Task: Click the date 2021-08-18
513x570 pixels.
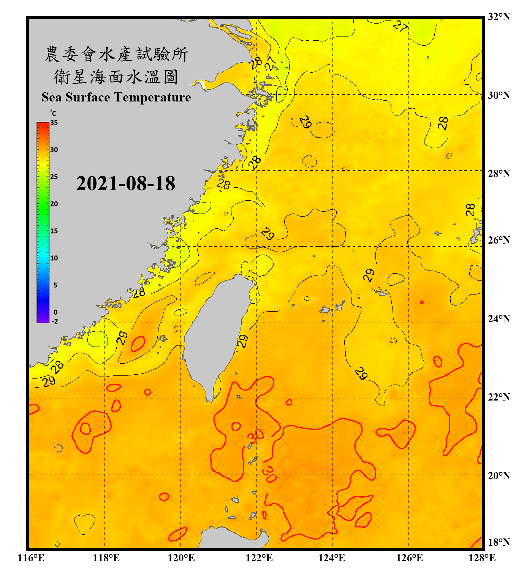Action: [x=125, y=183]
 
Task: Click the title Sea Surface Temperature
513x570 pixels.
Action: [x=116, y=97]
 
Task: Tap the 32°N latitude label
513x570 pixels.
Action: [x=499, y=17]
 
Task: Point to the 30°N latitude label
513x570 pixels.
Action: [x=499, y=95]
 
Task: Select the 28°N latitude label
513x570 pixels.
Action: [x=499, y=173]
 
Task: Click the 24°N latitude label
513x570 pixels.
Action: [x=499, y=318]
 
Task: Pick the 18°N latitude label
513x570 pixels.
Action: [x=499, y=542]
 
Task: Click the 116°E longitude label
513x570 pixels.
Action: [x=31, y=558]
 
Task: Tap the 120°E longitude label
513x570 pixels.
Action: [x=181, y=558]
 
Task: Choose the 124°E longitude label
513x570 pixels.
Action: [x=332, y=558]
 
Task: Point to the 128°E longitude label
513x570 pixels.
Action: [x=482, y=558]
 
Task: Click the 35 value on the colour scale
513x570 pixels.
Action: [x=54, y=122]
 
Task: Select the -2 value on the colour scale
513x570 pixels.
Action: [x=55, y=321]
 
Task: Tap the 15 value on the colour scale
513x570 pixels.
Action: [x=54, y=231]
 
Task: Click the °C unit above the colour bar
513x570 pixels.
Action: [x=53, y=113]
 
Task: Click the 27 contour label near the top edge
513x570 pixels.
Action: [x=401, y=26]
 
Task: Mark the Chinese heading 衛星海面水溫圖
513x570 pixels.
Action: [x=116, y=77]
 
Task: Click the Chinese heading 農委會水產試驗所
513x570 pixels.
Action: [x=116, y=54]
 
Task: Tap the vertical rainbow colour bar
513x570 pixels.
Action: [x=43, y=222]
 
